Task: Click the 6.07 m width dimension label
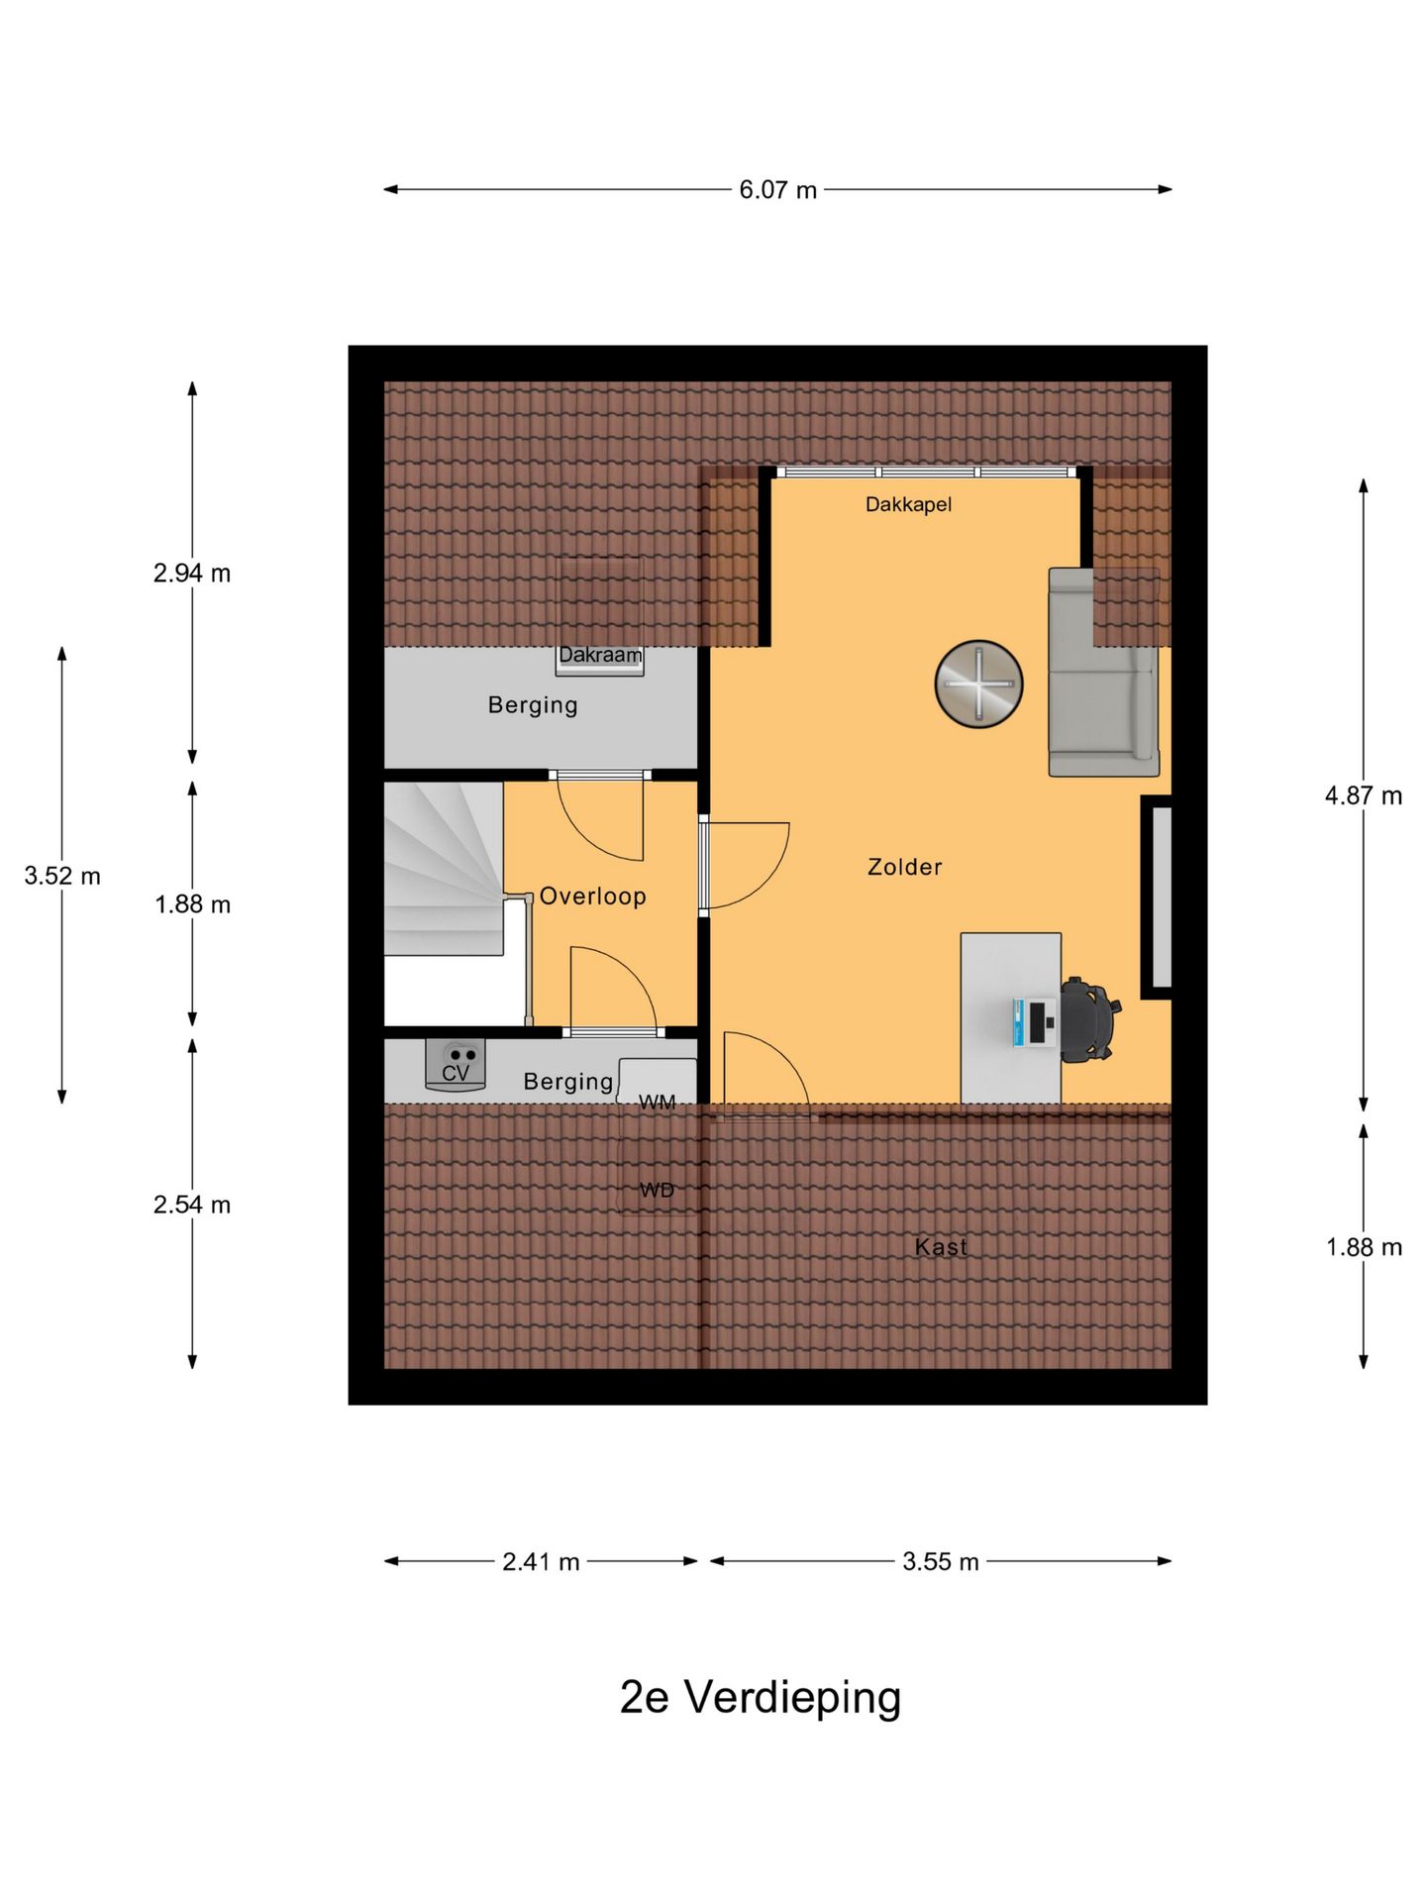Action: (x=777, y=189)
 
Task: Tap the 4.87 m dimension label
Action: (x=1364, y=795)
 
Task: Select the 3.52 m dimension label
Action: (x=62, y=876)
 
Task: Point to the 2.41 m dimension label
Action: (x=541, y=1561)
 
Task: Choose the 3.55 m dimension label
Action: (x=941, y=1561)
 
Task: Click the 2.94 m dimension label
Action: (x=192, y=573)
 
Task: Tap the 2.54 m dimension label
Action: (x=192, y=1205)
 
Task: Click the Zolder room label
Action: (x=905, y=867)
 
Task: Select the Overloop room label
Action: (x=592, y=897)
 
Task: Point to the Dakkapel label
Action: (x=908, y=504)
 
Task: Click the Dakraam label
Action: (x=600, y=655)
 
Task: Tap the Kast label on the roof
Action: (x=941, y=1246)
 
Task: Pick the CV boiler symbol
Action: (x=456, y=1064)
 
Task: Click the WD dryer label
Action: (x=658, y=1190)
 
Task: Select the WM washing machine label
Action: (x=658, y=1102)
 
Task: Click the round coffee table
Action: (x=978, y=684)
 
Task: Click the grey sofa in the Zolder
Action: (x=1103, y=672)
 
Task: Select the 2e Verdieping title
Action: (x=761, y=1698)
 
